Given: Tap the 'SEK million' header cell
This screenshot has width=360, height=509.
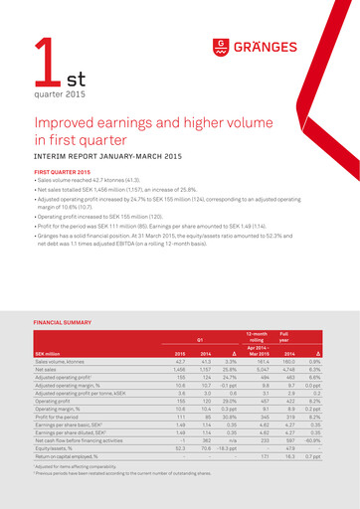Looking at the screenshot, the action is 50,353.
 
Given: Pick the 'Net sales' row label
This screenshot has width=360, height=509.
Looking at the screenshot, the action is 47,368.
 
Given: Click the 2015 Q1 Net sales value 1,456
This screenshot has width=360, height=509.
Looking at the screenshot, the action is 180,368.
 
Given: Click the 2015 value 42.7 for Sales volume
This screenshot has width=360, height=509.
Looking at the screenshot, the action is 181,360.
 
